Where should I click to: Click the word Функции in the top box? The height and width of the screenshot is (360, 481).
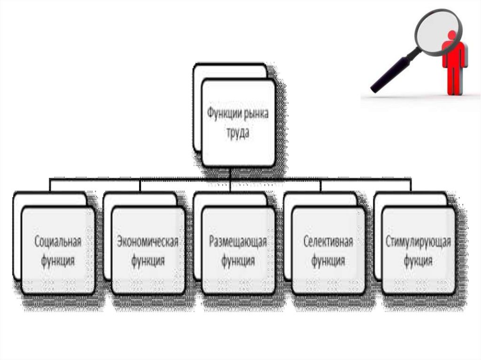[224, 114]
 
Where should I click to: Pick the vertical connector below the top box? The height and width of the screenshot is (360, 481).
[230, 172]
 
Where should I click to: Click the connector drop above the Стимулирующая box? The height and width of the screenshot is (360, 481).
[411, 185]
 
